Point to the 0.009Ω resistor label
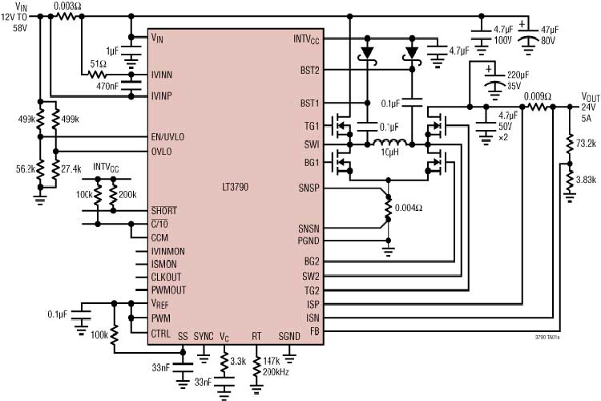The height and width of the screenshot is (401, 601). (536, 95)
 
